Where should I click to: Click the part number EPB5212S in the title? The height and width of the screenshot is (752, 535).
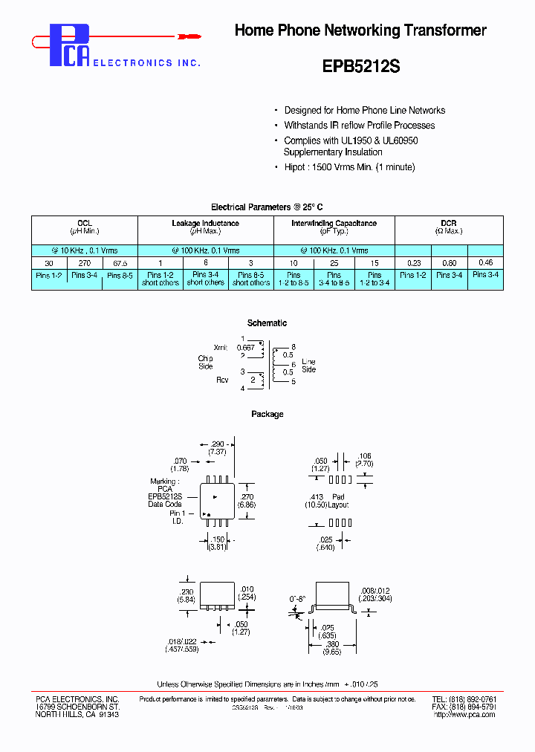point(361,66)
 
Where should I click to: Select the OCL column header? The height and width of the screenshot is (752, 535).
point(84,227)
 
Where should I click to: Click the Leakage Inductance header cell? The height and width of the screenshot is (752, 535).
point(205,227)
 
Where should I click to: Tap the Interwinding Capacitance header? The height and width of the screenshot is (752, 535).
point(334,227)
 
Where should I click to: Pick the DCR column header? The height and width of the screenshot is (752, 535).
point(448,227)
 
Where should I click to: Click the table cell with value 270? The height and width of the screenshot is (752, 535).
point(84,263)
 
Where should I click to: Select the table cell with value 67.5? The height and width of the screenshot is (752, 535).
point(119,263)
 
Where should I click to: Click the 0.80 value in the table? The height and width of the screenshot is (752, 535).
point(449,263)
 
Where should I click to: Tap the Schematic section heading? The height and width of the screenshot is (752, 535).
point(267,323)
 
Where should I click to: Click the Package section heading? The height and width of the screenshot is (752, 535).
point(267,414)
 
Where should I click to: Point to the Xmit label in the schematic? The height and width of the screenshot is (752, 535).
point(221,347)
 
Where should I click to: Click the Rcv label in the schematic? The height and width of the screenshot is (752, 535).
point(222,380)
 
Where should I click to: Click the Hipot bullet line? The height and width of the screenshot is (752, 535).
point(349,167)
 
